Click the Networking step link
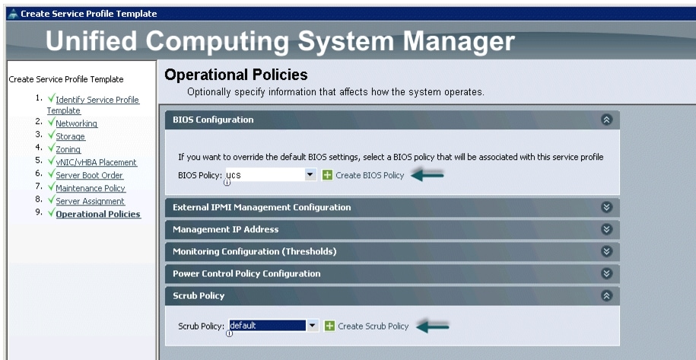click(x=76, y=123)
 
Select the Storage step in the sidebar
click(x=70, y=136)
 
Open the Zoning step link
click(x=68, y=149)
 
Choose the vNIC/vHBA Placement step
click(x=96, y=162)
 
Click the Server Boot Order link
click(x=89, y=175)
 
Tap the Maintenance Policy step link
click(x=91, y=188)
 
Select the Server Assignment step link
click(x=90, y=201)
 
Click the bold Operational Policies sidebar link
click(x=98, y=214)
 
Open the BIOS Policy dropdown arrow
click(x=310, y=175)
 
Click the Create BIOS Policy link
click(x=370, y=175)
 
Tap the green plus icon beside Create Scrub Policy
click(x=329, y=327)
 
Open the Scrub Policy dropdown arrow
click(x=313, y=326)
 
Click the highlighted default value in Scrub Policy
click(x=267, y=326)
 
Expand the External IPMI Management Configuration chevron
click(x=606, y=207)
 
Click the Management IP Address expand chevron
click(x=606, y=229)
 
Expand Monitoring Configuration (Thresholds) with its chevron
click(x=606, y=251)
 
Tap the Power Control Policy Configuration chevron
click(x=606, y=273)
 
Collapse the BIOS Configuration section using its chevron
click(x=606, y=119)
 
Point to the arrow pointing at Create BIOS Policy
click(x=427, y=175)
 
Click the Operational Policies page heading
click(x=236, y=75)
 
